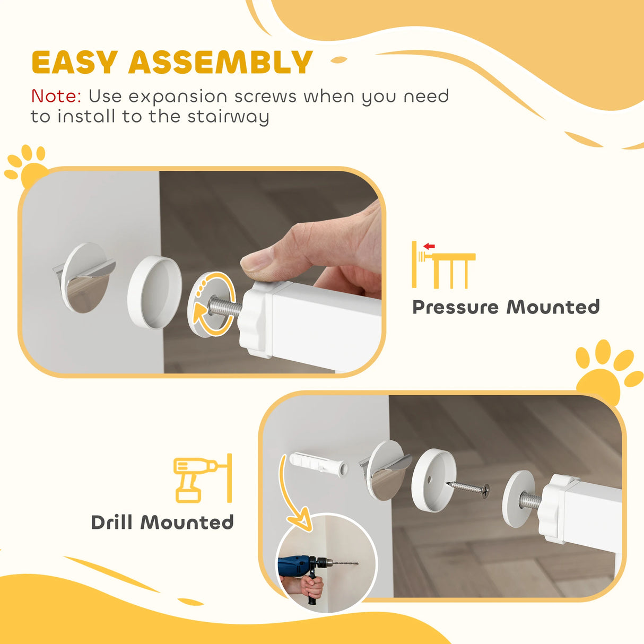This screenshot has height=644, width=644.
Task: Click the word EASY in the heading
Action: pos(74,63)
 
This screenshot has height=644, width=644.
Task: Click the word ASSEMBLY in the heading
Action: pos(220,63)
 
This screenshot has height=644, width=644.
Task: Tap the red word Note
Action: pos(56,97)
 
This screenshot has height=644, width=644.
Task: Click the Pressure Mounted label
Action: pos(506,307)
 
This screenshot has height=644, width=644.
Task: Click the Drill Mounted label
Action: pos(162,523)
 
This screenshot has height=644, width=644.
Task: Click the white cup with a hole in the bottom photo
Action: pos(433,480)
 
